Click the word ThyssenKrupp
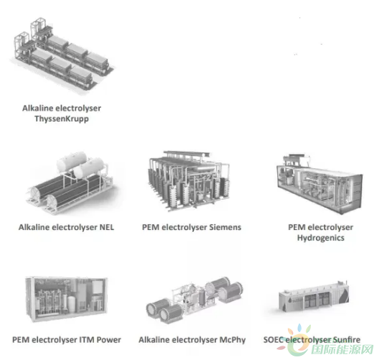(x=62, y=119)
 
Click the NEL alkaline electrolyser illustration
(x=70, y=183)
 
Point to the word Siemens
(x=225, y=227)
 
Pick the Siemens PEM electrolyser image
(x=189, y=181)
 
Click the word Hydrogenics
(x=321, y=238)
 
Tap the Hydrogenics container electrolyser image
(x=320, y=184)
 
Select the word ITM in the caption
(x=87, y=340)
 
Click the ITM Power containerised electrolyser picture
(x=66, y=299)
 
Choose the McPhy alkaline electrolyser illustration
(x=195, y=300)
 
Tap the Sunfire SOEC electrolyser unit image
(x=314, y=298)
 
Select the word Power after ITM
(x=108, y=340)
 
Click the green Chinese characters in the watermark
(x=343, y=349)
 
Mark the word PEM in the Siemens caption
(x=151, y=227)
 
